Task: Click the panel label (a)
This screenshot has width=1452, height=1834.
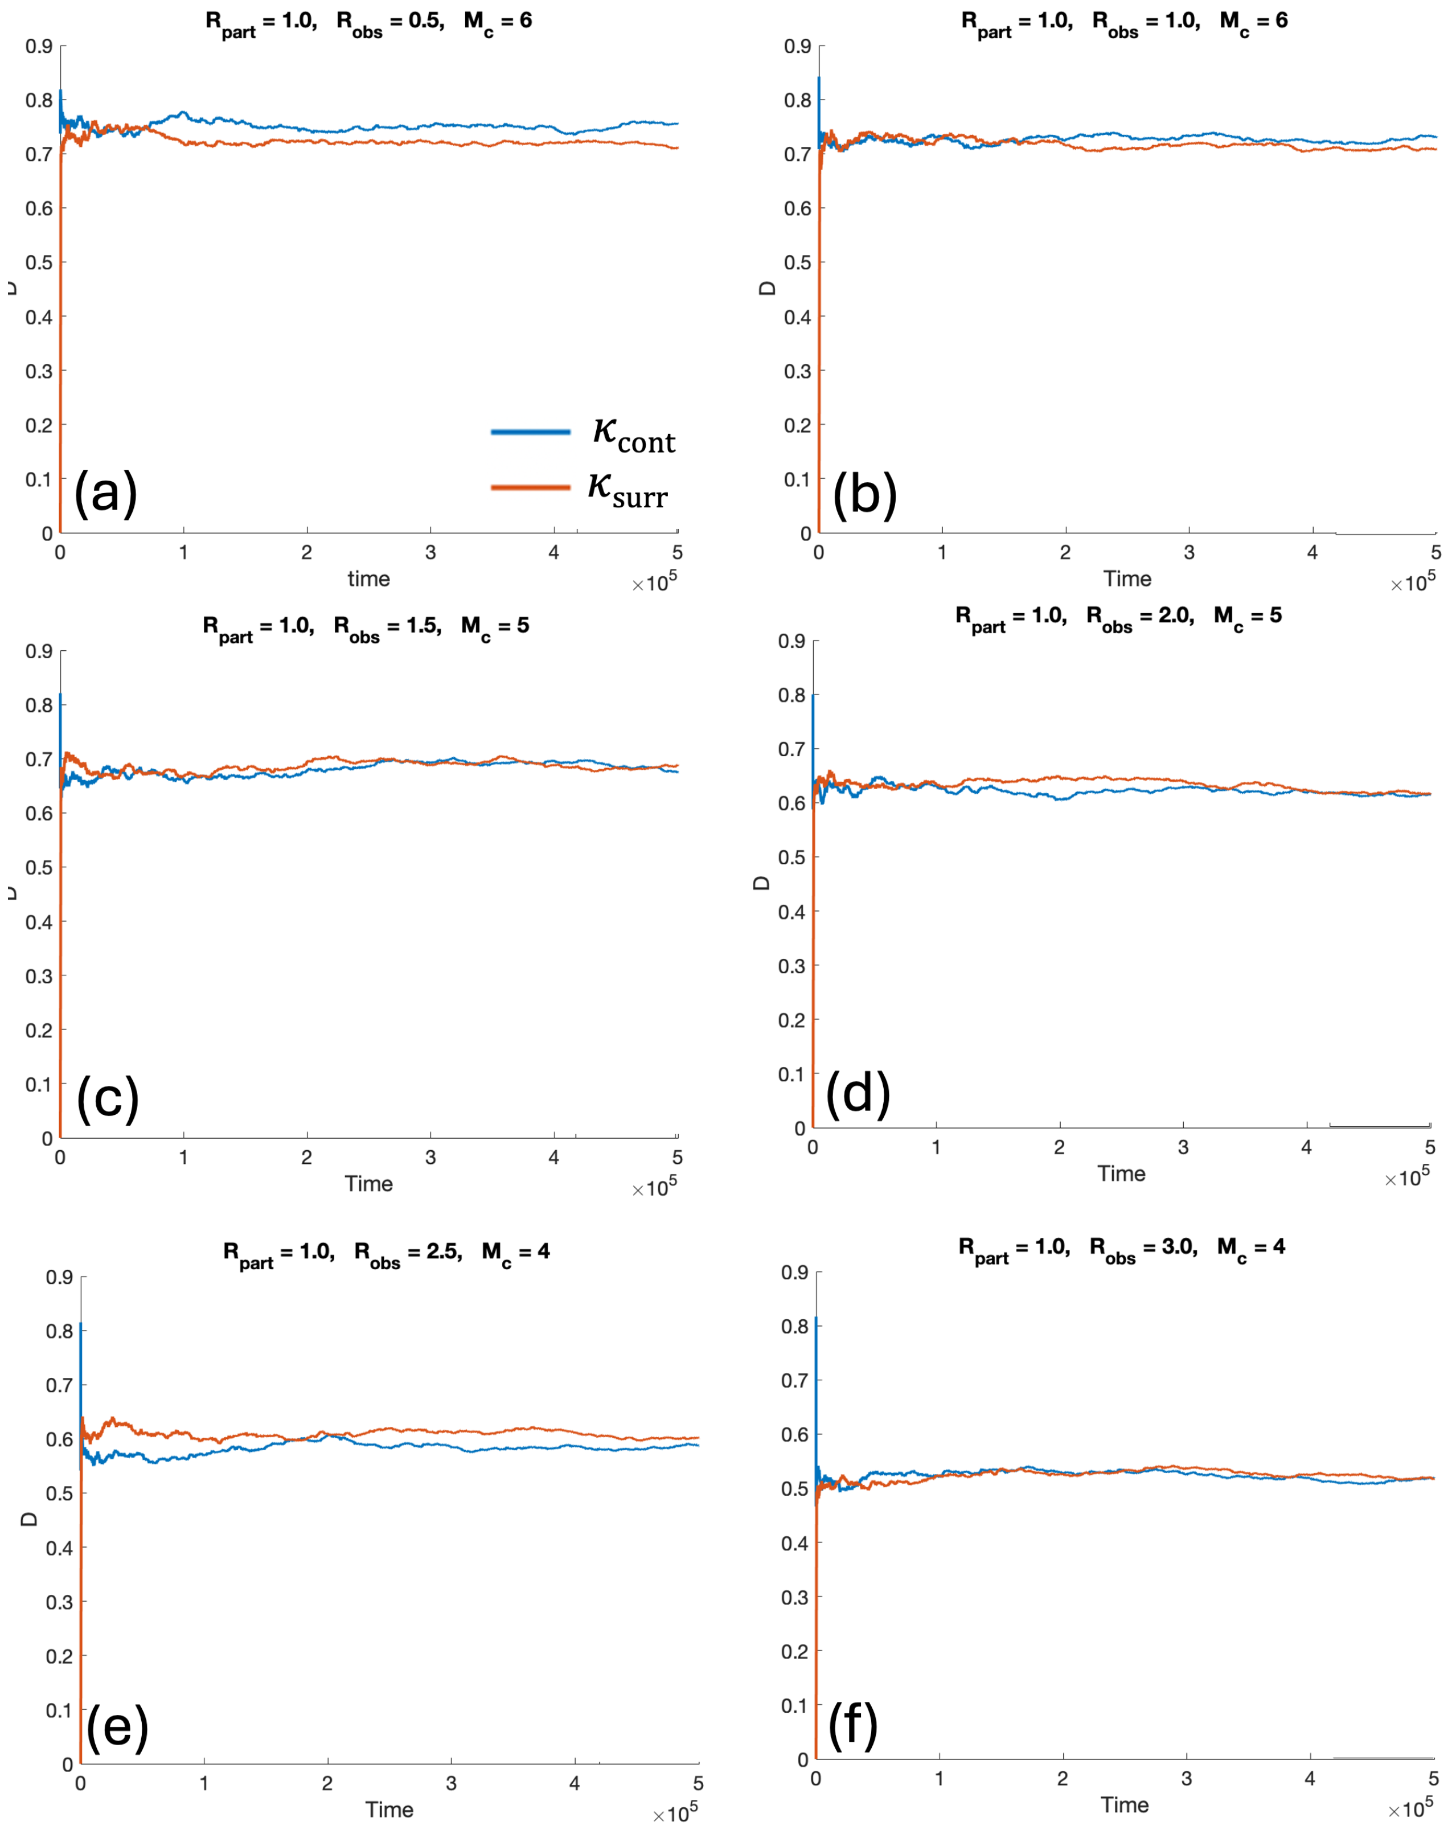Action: [105, 493]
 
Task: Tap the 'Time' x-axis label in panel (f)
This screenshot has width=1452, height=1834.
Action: [1124, 1804]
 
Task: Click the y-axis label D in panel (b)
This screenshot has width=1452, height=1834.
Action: [768, 288]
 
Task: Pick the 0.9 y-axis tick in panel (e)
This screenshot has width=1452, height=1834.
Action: [60, 1277]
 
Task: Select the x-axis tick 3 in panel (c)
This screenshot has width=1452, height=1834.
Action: [430, 1158]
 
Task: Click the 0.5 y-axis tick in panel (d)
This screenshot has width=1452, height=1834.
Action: [791, 857]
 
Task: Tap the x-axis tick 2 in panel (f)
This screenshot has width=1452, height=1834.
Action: [1063, 1779]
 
